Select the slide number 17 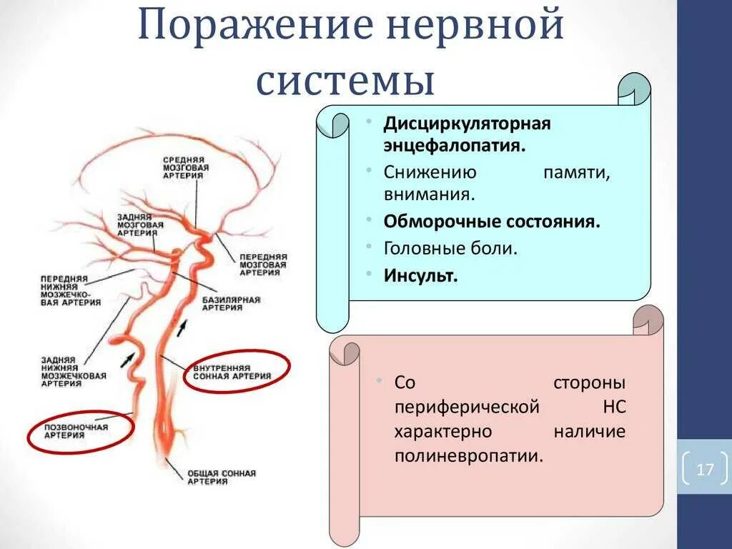point(705,470)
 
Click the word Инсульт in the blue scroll point(420,275)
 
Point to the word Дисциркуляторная point(467,124)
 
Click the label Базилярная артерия point(231,304)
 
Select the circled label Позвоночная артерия point(76,432)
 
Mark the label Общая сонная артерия point(222,477)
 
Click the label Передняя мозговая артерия point(263,263)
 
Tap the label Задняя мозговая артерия point(142,224)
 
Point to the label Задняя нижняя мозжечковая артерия point(74,370)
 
